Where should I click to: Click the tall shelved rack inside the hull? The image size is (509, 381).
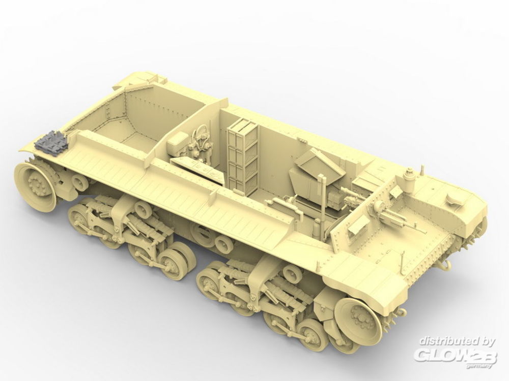(x=243, y=154)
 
